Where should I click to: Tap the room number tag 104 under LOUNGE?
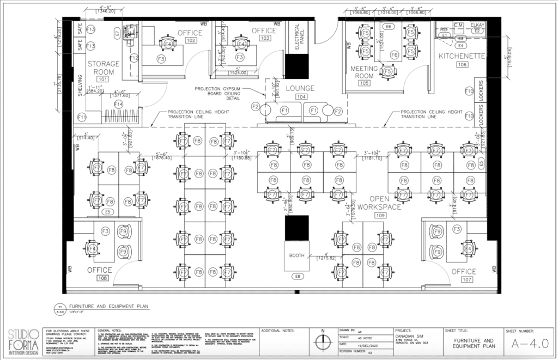coord(300,96)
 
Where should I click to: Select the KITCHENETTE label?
coord(461,56)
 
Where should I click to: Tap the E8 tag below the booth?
coord(298,277)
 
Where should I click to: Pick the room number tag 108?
coord(102,278)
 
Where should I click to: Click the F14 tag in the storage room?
coord(118,104)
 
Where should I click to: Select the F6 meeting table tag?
coord(393,54)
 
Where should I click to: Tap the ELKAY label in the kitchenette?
coord(477,25)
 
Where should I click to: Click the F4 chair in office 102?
coord(168,44)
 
